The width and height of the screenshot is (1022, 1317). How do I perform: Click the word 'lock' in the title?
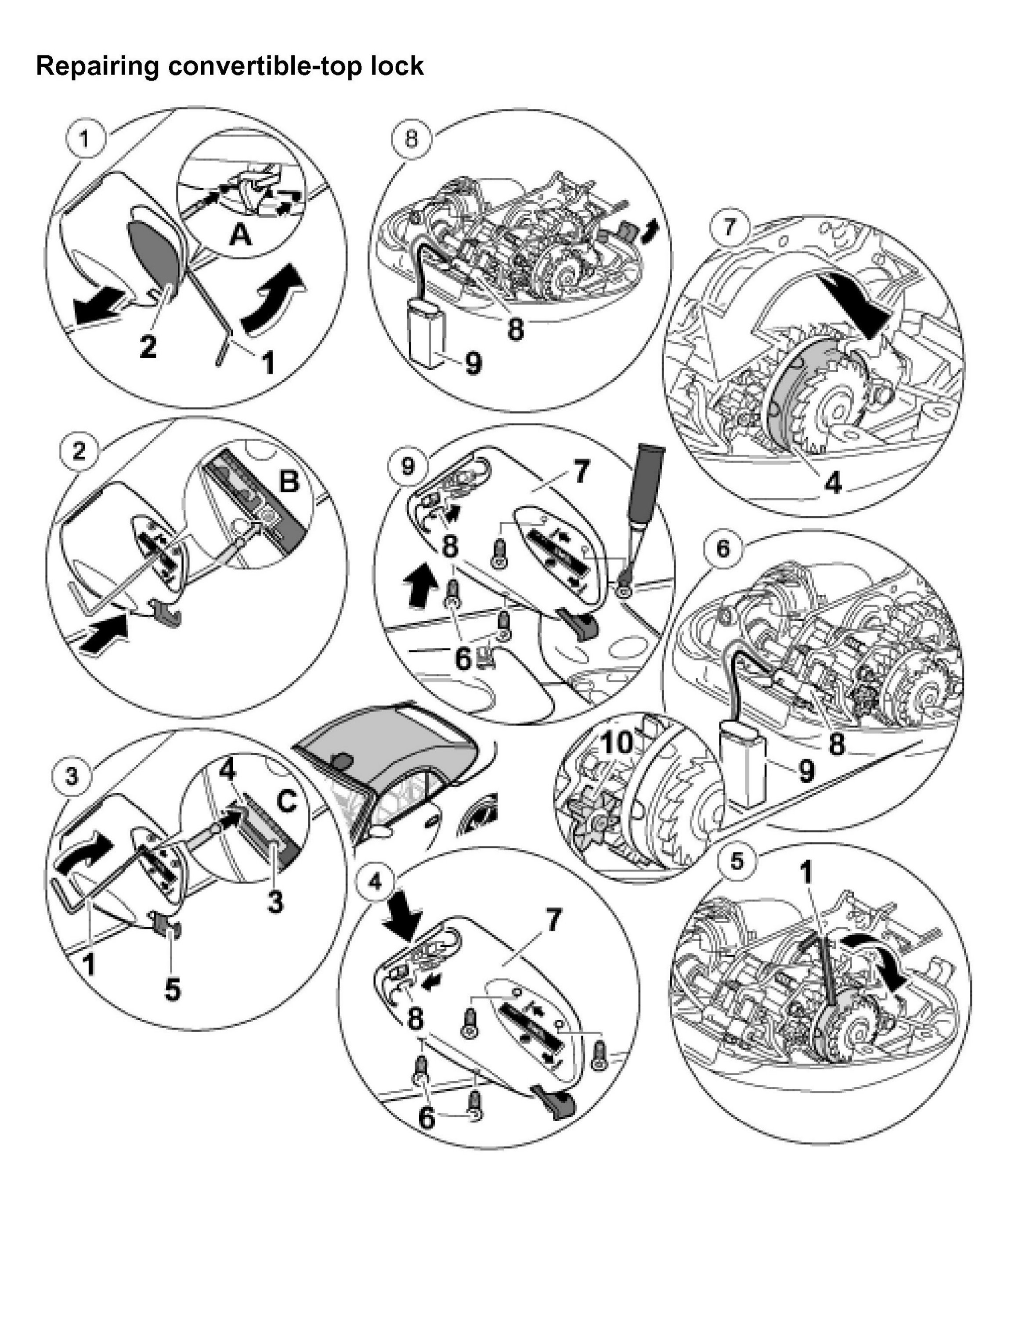tap(397, 65)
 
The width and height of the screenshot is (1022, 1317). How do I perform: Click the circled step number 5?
tap(737, 861)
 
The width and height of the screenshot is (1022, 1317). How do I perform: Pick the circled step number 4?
tap(375, 882)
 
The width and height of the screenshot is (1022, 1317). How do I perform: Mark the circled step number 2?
tap(79, 452)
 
